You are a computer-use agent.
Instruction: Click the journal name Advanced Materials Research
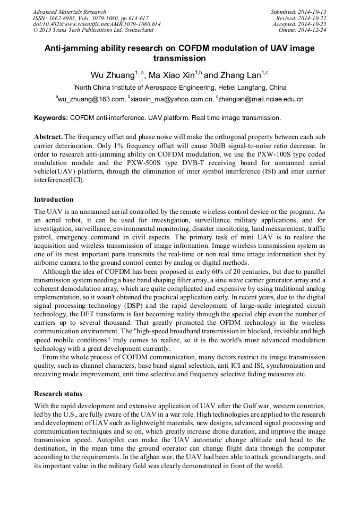(x=69, y=12)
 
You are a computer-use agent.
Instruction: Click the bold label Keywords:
(x=51, y=117)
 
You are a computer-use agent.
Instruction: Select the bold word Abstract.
(x=48, y=136)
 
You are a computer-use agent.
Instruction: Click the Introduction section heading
(x=54, y=200)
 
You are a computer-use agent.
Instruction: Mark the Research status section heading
(x=58, y=394)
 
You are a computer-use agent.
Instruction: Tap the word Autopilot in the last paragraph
(x=121, y=439)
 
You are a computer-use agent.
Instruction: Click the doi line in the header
(x=97, y=24)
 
